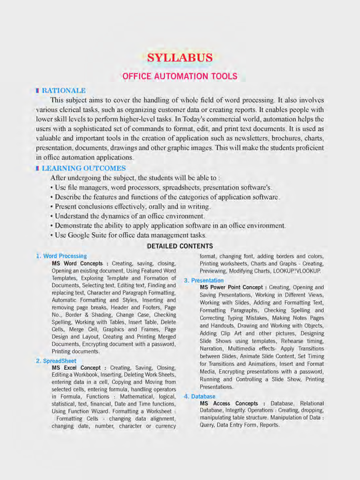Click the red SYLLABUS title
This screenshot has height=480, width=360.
pyautogui.click(x=180, y=58)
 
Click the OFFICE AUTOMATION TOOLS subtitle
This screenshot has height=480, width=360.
pyautogui.click(x=180, y=76)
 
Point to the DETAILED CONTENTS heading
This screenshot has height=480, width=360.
pyautogui.click(x=180, y=246)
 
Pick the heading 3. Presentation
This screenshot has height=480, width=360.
pyautogui.click(x=204, y=280)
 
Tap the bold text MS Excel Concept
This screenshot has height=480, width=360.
pyautogui.click(x=76, y=368)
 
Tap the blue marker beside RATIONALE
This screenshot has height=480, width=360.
pyautogui.click(x=37, y=91)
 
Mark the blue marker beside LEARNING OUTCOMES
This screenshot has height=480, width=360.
pyautogui.click(x=37, y=168)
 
